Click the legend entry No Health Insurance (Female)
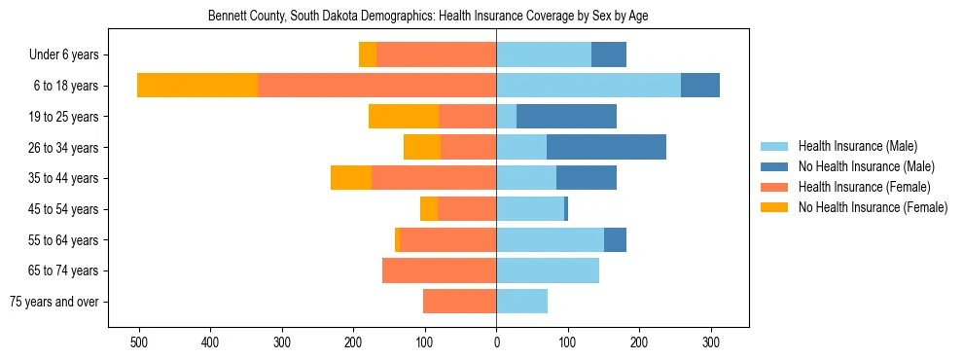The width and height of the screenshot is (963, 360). pyautogui.click(x=873, y=207)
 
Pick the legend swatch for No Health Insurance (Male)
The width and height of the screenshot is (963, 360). pyautogui.click(x=774, y=166)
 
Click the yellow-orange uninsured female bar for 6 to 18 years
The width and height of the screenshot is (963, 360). pyautogui.click(x=197, y=86)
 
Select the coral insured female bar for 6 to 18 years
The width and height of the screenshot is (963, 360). pyautogui.click(x=376, y=86)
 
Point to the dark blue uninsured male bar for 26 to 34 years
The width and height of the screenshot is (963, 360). pyautogui.click(x=606, y=147)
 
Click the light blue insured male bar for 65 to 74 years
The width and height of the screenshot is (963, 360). pyautogui.click(x=548, y=270)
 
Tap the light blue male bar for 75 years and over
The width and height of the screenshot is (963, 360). pyautogui.click(x=521, y=302)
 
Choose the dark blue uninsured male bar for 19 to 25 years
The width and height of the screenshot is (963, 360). pyautogui.click(x=566, y=117)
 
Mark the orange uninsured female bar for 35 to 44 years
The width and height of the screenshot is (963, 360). pyautogui.click(x=351, y=178)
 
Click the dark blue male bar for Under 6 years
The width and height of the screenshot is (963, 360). pyautogui.click(x=608, y=54)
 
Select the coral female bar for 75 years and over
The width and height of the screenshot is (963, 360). pyautogui.click(x=459, y=302)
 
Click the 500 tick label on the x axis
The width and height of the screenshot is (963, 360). pyautogui.click(x=139, y=342)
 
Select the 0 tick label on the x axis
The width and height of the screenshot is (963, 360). pyautogui.click(x=496, y=342)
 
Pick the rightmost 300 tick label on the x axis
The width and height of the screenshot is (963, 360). pyautogui.click(x=711, y=342)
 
